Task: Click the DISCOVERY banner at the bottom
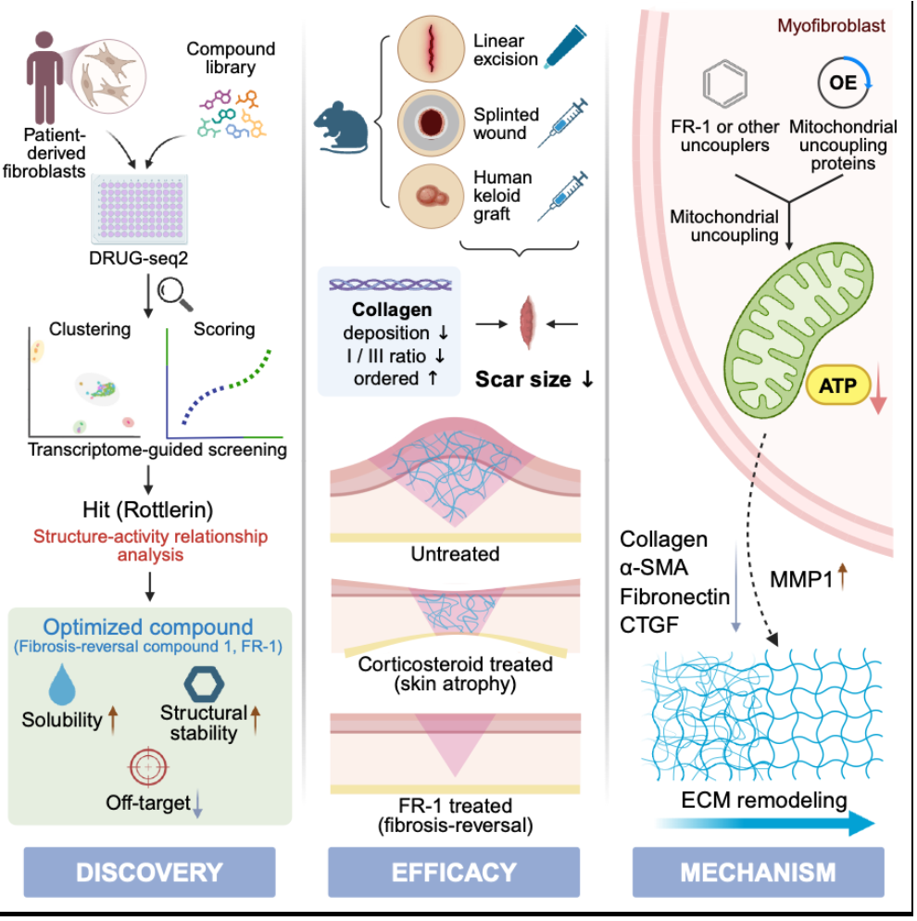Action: (149, 872)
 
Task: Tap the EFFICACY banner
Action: (454, 872)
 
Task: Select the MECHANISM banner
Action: (758, 872)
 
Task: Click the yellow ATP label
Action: (837, 385)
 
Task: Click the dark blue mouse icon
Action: (341, 127)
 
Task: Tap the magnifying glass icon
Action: (175, 294)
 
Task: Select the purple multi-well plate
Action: (139, 208)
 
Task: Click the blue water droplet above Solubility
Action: (62, 685)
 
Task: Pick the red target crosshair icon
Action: (148, 767)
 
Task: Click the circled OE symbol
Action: (844, 82)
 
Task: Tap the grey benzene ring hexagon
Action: (725, 83)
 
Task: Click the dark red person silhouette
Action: (44, 78)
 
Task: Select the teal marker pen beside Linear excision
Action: (566, 47)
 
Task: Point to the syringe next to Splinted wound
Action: (562, 122)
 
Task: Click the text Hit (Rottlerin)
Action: (148, 510)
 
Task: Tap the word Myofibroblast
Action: (831, 25)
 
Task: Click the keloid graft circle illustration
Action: (432, 196)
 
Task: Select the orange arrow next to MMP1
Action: (843, 575)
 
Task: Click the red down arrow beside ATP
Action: (878, 389)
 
